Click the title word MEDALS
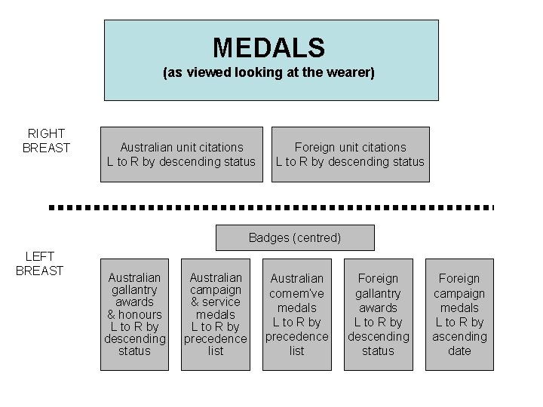click(268, 48)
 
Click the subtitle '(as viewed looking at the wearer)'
click(268, 73)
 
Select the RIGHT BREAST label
click(46, 141)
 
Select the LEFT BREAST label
click(39, 264)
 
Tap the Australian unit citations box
click(182, 155)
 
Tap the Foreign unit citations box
click(350, 155)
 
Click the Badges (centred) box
click(295, 237)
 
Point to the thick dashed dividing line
click(271, 206)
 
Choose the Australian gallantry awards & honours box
click(135, 314)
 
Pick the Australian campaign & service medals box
click(216, 314)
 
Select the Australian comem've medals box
click(297, 314)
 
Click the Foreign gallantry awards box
click(378, 314)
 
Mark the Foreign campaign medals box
click(459, 314)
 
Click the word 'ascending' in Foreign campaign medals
click(459, 336)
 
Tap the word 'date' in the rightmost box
click(459, 350)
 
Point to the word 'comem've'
click(297, 293)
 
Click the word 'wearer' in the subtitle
click(352, 73)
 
